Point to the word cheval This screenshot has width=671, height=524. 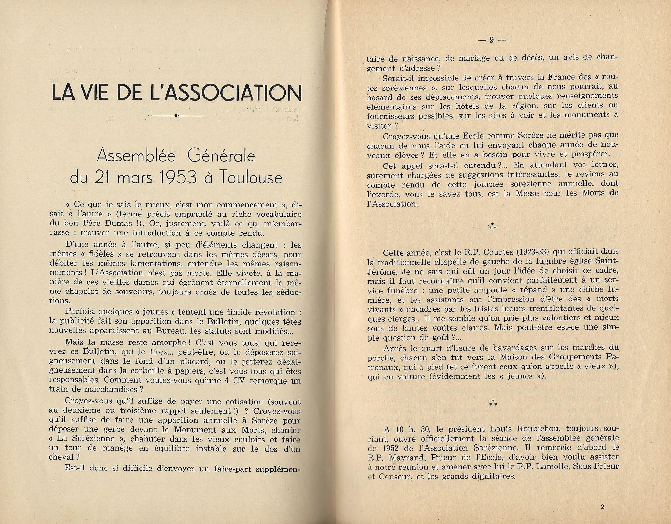[61, 458]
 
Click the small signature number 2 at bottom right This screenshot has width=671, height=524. [602, 507]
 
